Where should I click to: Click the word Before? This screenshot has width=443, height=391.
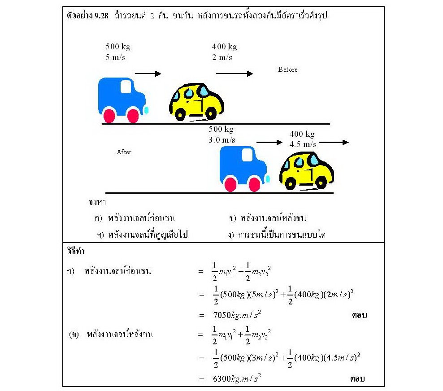click(x=287, y=70)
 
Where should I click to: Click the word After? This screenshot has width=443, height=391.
click(x=124, y=152)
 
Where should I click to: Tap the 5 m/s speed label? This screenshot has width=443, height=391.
click(x=115, y=57)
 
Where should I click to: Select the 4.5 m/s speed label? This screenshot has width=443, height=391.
click(x=303, y=144)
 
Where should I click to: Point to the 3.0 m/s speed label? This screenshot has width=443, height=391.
click(x=222, y=139)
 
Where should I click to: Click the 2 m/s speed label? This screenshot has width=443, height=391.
click(x=222, y=57)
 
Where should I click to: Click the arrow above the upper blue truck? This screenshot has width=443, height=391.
click(x=148, y=74)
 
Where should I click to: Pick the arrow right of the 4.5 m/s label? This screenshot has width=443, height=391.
click(x=334, y=143)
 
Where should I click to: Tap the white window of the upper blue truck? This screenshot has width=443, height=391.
click(x=126, y=87)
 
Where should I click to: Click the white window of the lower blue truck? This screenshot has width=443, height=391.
click(x=247, y=155)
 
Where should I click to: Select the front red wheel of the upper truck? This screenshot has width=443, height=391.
click(x=133, y=115)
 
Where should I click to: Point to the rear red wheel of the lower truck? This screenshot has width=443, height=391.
click(x=230, y=184)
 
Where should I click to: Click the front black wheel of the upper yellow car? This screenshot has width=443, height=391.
click(x=211, y=113)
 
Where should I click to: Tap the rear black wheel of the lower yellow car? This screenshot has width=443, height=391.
click(x=290, y=183)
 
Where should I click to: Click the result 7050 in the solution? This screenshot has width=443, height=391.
click(x=222, y=315)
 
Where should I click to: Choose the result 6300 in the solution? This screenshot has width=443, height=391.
click(x=222, y=378)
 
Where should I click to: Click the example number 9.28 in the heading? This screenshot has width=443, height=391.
click(x=101, y=16)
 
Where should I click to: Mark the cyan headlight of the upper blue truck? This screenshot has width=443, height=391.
click(x=146, y=110)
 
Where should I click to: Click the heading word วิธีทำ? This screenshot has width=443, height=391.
click(x=76, y=251)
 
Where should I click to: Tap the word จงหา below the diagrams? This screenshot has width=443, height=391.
click(x=97, y=202)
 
